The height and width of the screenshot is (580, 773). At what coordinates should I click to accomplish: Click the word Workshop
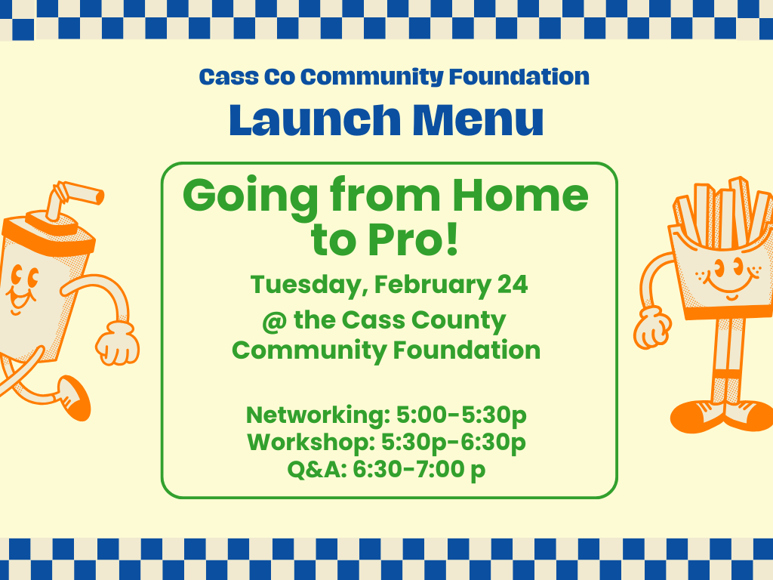click(x=312, y=443)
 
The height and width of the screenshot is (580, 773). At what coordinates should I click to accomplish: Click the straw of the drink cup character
click(x=74, y=197)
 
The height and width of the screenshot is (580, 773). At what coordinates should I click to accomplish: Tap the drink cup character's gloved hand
click(x=117, y=342)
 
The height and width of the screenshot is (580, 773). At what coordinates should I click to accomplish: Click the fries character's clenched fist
click(x=651, y=328)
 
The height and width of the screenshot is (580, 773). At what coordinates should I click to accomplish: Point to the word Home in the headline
click(x=521, y=196)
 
